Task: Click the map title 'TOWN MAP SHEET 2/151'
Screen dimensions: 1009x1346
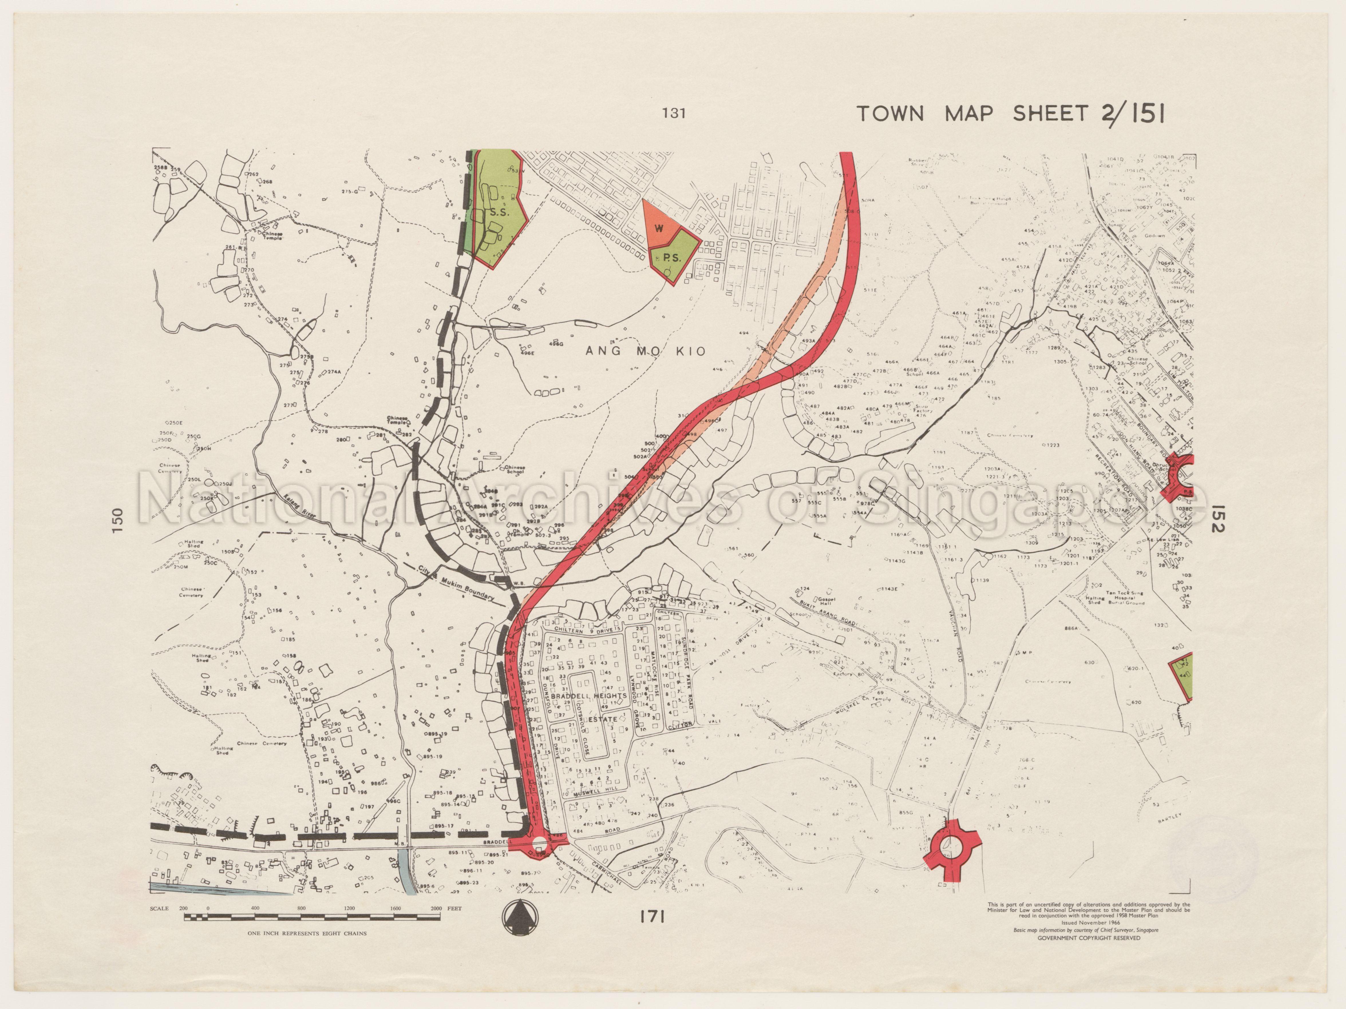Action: (1010, 114)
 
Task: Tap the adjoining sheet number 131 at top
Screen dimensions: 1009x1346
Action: (674, 113)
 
